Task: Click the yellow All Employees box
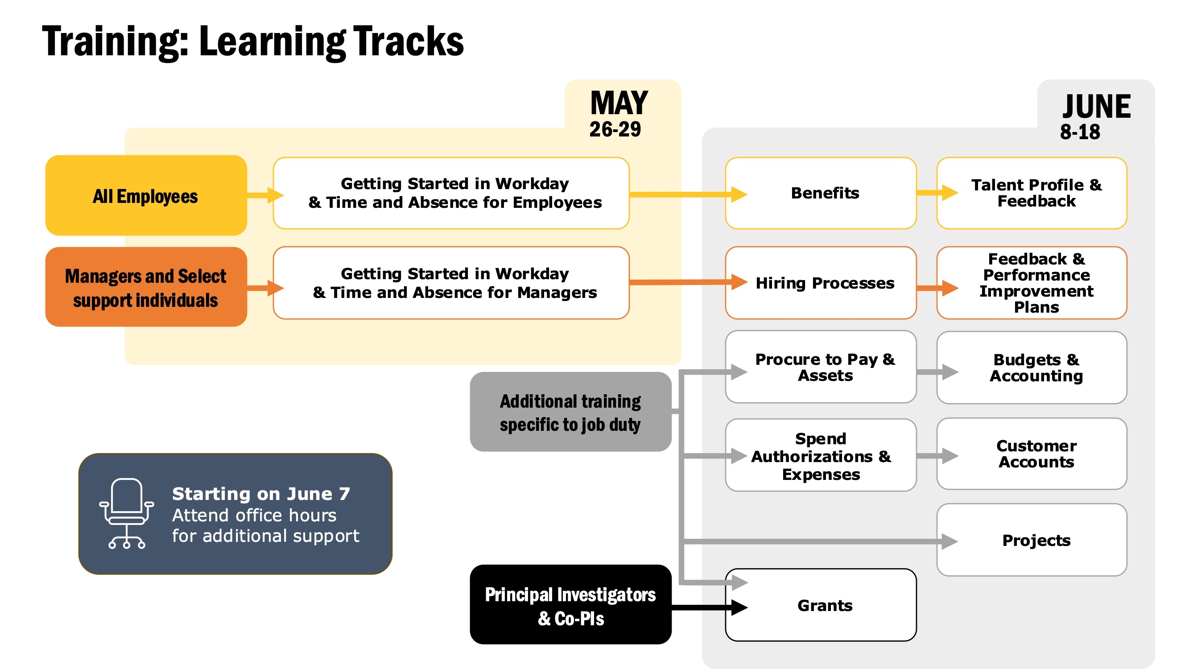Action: click(146, 195)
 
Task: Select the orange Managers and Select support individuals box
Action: click(146, 287)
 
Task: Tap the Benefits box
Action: click(821, 193)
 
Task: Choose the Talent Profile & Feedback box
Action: click(1032, 193)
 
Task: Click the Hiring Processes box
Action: click(821, 283)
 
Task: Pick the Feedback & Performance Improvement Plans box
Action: click(1032, 283)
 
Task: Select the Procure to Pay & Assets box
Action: click(821, 367)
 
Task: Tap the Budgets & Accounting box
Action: click(1032, 368)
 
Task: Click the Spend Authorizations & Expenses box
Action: click(821, 455)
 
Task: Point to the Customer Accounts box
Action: click(1032, 454)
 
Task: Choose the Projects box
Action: click(1032, 540)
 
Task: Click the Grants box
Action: click(821, 605)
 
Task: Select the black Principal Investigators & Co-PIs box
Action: click(570, 604)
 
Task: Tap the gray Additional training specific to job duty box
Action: click(570, 412)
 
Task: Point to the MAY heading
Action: click(619, 103)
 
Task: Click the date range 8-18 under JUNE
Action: click(1080, 132)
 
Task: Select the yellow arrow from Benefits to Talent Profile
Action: click(937, 193)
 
